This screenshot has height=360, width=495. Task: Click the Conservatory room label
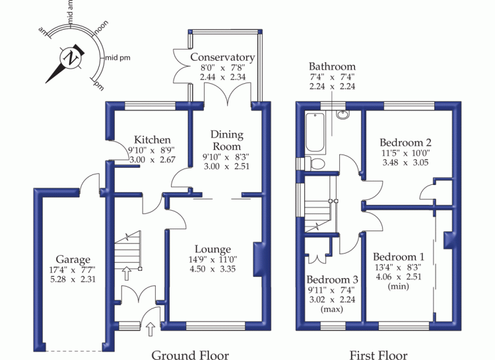(x=222, y=57)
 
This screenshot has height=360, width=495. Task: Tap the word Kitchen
(x=152, y=139)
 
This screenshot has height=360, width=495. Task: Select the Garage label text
(x=73, y=260)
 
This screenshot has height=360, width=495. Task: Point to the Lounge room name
(x=213, y=250)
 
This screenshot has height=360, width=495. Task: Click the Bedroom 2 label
(x=405, y=143)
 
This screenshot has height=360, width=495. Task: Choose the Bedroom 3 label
(x=332, y=279)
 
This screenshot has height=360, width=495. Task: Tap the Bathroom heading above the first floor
(x=332, y=66)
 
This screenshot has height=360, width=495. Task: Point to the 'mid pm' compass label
(x=117, y=58)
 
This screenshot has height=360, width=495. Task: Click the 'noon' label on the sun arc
(x=102, y=27)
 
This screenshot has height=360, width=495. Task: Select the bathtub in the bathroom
(x=315, y=133)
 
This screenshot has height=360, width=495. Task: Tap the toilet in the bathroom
(x=315, y=164)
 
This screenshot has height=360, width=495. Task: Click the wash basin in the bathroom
(x=342, y=114)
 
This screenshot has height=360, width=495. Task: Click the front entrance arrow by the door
(x=150, y=330)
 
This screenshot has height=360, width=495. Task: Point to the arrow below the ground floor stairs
(x=127, y=273)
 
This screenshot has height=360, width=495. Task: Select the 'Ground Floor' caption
(x=190, y=355)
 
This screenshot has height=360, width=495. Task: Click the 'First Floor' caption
(x=379, y=355)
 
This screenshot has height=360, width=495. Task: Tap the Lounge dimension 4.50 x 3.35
(x=213, y=269)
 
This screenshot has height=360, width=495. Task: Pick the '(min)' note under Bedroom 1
(x=398, y=287)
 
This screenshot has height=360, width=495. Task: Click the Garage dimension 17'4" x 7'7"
(x=73, y=270)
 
